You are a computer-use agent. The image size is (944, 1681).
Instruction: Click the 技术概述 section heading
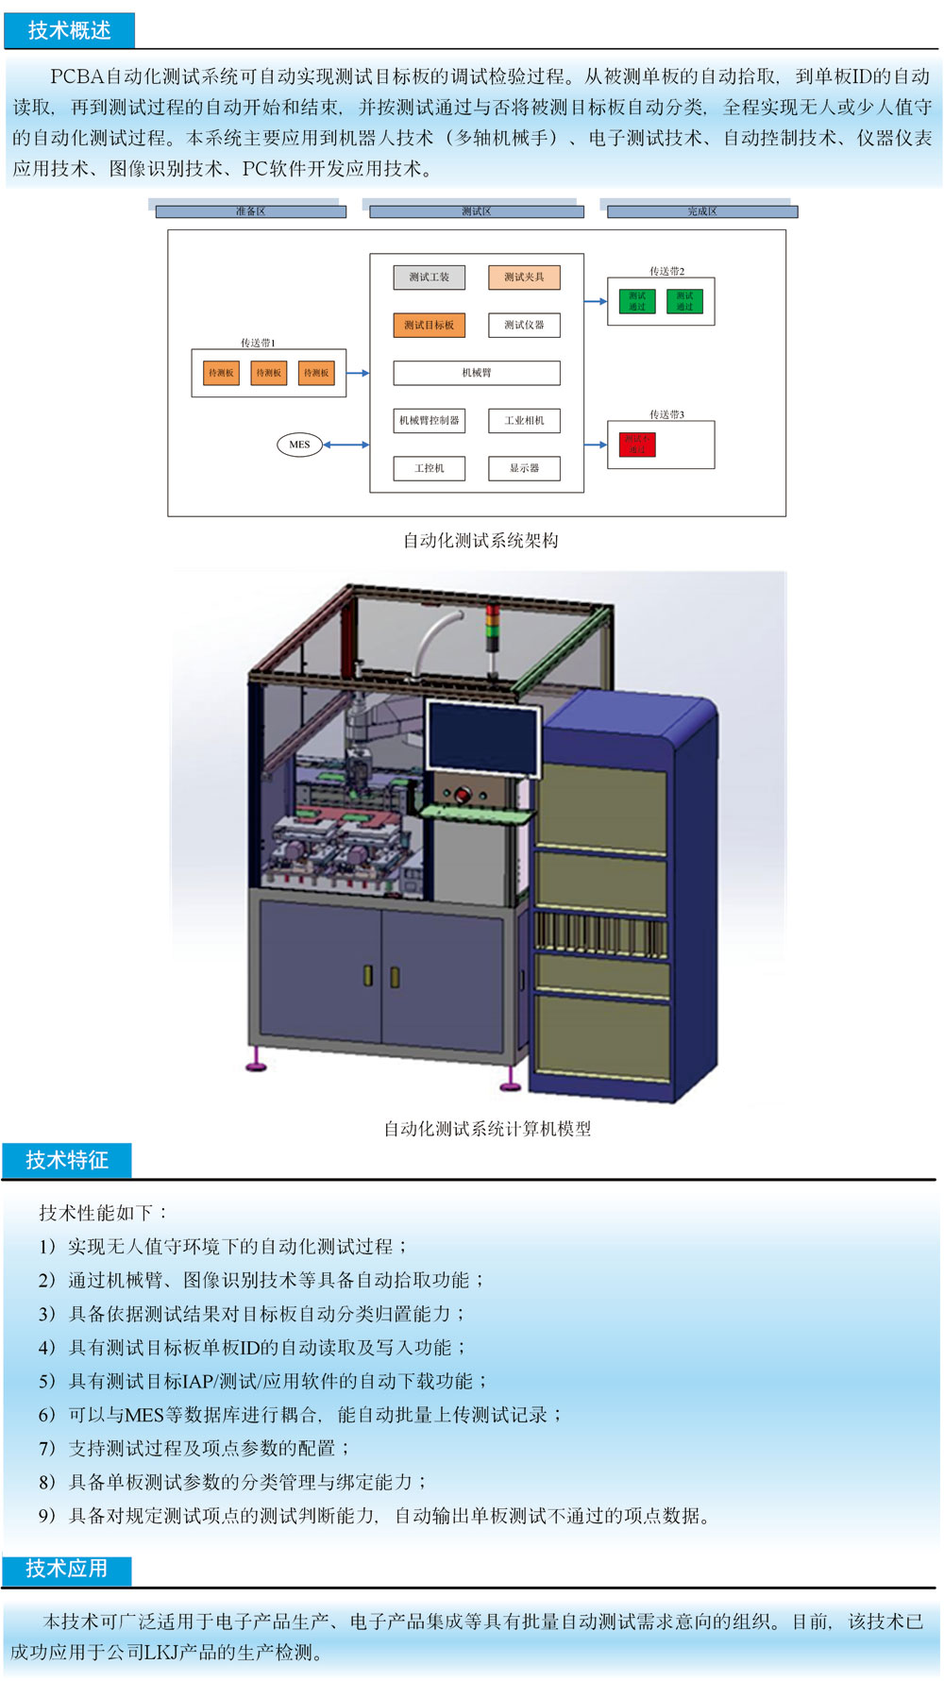[x=69, y=30]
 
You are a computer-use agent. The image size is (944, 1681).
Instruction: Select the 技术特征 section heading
[x=66, y=1160]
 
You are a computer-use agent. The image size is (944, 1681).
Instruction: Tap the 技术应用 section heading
[x=66, y=1569]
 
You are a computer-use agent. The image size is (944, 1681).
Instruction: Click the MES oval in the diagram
[x=299, y=445]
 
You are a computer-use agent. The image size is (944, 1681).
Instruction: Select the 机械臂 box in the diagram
[x=476, y=373]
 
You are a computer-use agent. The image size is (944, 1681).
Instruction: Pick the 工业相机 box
[x=524, y=420]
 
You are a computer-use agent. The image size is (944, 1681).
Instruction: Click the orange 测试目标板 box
[x=429, y=325]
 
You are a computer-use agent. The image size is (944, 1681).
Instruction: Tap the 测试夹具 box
[x=524, y=277]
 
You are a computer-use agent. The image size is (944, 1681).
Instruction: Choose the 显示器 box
[x=524, y=468]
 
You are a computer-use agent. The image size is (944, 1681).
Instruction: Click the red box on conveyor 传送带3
[x=637, y=445]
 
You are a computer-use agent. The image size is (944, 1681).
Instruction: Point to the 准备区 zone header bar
[x=250, y=211]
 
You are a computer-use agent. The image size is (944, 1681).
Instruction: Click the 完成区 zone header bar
[x=701, y=211]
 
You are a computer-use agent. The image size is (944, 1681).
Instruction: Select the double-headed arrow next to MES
[x=346, y=445]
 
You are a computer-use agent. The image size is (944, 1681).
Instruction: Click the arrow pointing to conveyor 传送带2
[x=596, y=302]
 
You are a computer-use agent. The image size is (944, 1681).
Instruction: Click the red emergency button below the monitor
[x=463, y=795]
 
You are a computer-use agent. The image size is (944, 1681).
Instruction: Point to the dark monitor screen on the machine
[x=482, y=739]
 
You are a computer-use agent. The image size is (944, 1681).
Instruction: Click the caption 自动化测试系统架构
[x=480, y=541]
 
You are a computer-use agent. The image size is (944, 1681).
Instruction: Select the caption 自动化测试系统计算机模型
[x=487, y=1129]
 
